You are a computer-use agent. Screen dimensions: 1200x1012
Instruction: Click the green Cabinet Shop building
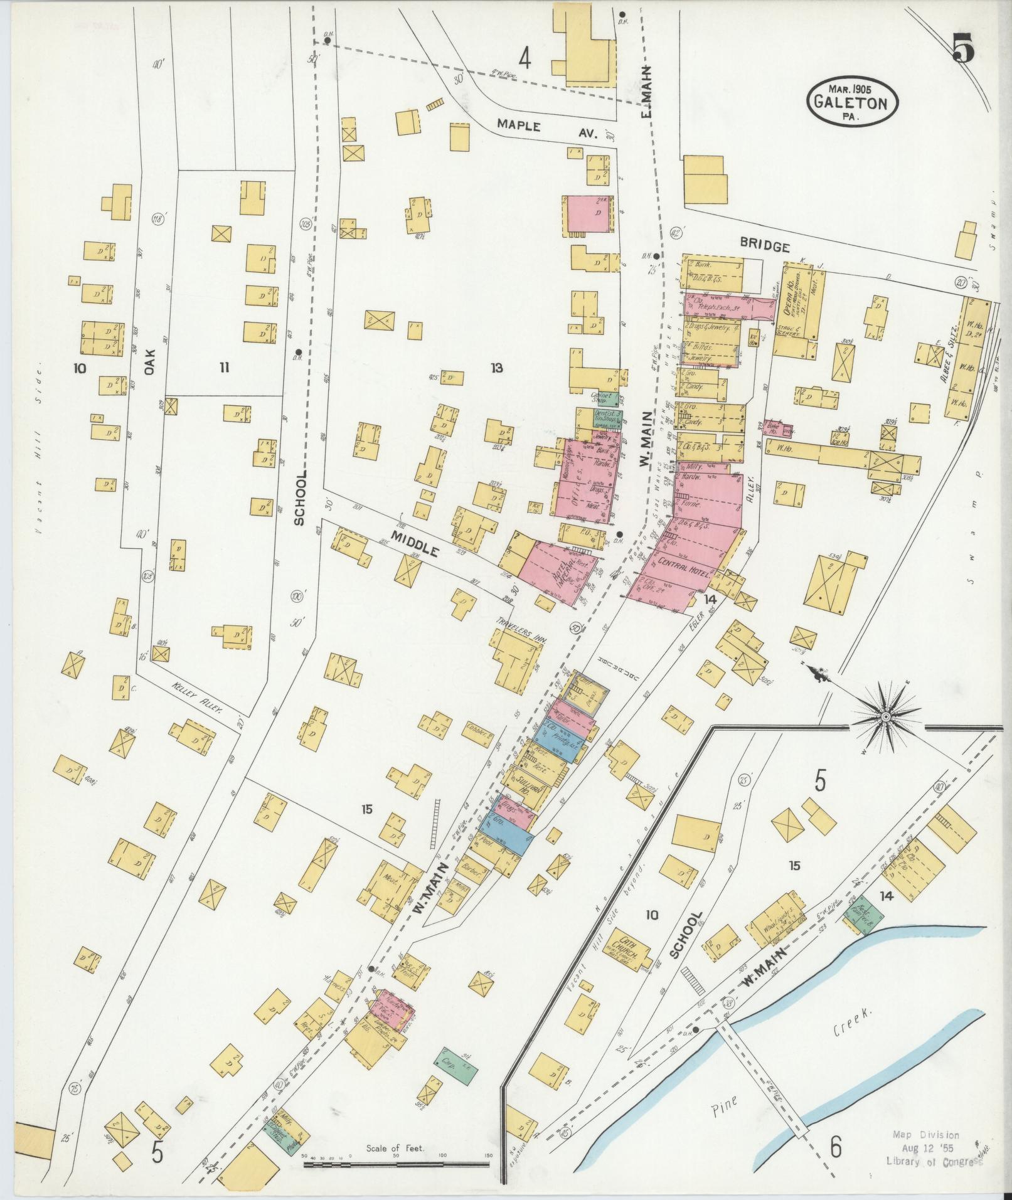tap(603, 399)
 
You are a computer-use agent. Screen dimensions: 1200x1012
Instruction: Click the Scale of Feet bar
tap(397, 1164)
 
